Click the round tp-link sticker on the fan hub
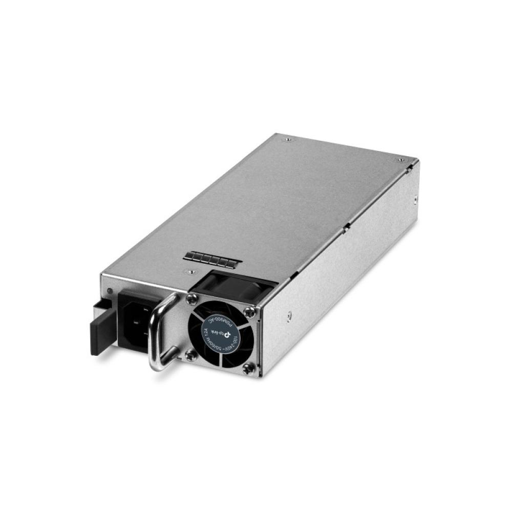[x=221, y=333]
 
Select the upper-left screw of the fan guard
[x=192, y=298]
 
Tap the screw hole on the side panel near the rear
[x=415, y=199]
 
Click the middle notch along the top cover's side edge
[x=347, y=225]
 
